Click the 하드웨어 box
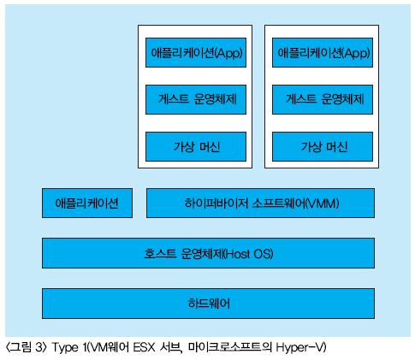[208, 304]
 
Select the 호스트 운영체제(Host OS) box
[208, 253]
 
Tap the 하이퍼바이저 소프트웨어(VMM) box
[260, 203]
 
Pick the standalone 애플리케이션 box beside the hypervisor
[87, 203]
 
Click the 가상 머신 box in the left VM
[196, 146]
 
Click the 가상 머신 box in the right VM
[323, 146]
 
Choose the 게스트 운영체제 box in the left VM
[196, 99]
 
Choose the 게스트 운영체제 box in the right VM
[323, 99]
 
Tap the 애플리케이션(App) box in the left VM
[196, 52]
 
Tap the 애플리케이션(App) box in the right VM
[323, 52]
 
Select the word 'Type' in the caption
[65, 347]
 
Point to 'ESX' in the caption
[144, 347]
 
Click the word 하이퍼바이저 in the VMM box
[216, 204]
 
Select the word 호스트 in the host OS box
[160, 253]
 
